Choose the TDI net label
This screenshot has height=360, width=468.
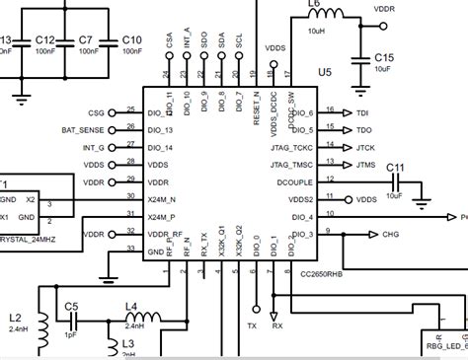click(362, 113)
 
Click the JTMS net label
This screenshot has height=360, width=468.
click(364, 164)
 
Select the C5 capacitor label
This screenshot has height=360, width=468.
click(71, 307)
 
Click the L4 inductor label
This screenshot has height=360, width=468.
click(131, 307)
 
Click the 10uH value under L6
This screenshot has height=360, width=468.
click(317, 32)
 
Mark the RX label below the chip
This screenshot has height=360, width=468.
click(276, 324)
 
